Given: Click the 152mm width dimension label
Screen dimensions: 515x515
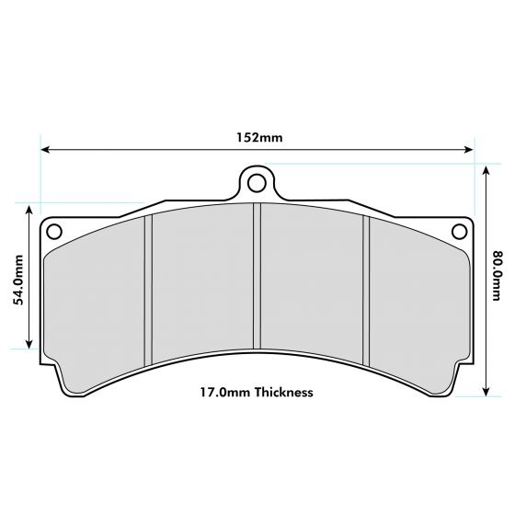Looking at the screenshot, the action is (259, 137).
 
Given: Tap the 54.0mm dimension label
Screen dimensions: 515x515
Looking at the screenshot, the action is (18, 280).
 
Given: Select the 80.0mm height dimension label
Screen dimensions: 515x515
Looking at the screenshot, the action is (497, 276).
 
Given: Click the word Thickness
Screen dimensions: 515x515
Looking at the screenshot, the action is (284, 392).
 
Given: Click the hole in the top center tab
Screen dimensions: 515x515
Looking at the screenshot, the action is (257, 183).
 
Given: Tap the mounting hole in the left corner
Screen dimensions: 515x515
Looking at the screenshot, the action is (54, 232).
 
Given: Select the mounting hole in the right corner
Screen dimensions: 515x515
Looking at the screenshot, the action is (460, 232).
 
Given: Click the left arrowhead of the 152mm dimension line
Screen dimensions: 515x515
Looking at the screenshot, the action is (45, 150).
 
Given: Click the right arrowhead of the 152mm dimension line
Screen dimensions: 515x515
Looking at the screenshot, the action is (469, 150).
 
